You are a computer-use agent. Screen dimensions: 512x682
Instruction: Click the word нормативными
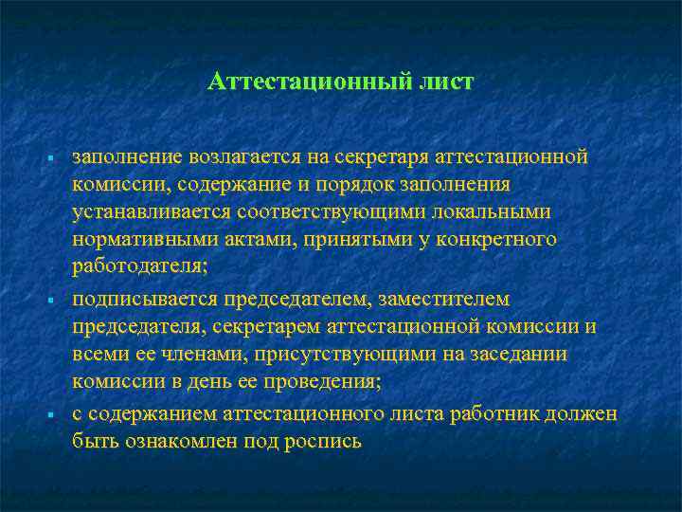pos(138,240)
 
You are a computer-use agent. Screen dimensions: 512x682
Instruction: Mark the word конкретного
pos(502,240)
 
